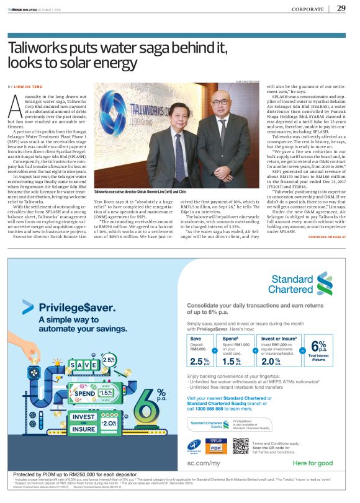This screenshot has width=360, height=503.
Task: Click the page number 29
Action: click(341, 8)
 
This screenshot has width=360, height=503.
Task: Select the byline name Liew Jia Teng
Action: click(29, 86)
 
